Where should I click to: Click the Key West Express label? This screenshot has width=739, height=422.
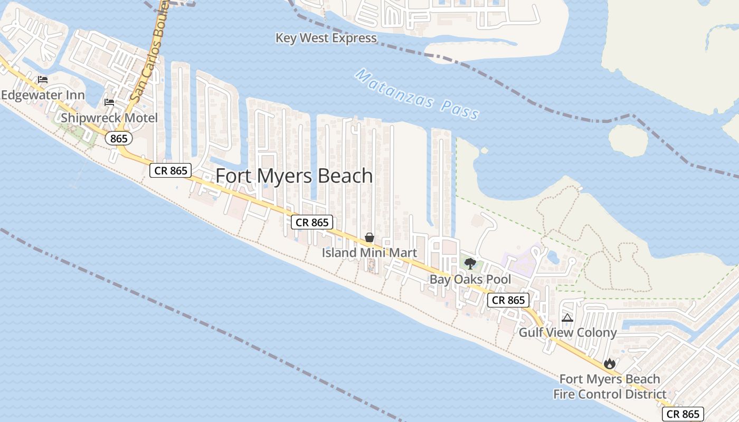[326, 38]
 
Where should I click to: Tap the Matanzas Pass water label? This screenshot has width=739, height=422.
[417, 94]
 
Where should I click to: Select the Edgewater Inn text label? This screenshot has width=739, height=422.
[43, 95]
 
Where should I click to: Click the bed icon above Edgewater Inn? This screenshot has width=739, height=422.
[43, 80]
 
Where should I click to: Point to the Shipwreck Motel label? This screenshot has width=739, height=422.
[109, 118]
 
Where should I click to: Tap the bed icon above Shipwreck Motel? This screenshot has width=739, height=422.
[109, 102]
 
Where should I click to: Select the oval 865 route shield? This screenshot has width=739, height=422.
[119, 138]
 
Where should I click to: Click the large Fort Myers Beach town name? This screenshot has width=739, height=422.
[295, 176]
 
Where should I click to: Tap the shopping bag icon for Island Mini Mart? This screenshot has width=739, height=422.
[369, 237]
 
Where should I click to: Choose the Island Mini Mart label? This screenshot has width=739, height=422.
[369, 253]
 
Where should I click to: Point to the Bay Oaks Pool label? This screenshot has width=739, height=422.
[470, 279]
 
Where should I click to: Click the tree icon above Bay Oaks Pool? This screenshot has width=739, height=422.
[470, 263]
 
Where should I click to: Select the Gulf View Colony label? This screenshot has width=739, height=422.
[567, 332]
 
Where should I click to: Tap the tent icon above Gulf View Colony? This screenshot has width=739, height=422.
[567, 318]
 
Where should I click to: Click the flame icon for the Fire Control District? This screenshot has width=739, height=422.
[610, 363]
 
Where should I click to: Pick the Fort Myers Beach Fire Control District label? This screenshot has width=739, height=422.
[610, 387]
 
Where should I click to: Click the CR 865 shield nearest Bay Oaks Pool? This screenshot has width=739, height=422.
[508, 300]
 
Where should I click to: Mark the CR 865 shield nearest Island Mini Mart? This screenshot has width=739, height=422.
[312, 222]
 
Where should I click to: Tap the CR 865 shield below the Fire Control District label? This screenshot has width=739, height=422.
[683, 414]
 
